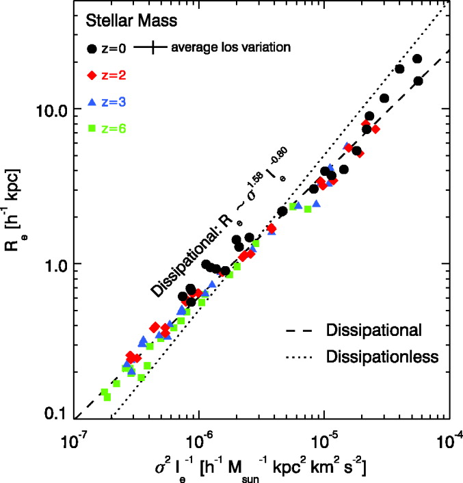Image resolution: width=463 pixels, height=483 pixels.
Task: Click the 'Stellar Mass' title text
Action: [x=132, y=21]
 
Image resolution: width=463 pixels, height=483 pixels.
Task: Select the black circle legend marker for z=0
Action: [x=92, y=48]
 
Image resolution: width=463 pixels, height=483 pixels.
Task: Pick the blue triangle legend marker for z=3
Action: [x=92, y=101]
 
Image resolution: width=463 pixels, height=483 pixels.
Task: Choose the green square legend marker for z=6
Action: [x=92, y=128]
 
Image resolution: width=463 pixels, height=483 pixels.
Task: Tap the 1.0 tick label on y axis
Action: [x=54, y=264]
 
